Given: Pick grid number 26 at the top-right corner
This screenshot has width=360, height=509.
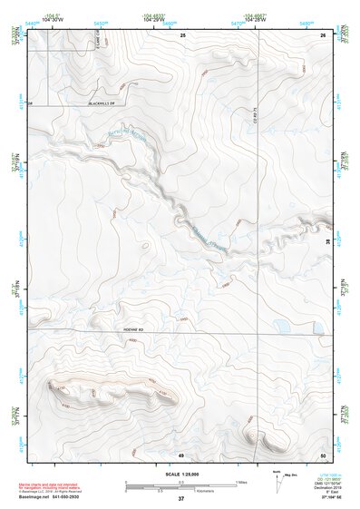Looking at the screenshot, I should (x=323, y=34).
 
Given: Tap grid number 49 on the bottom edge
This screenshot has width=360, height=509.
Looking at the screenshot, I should (x=180, y=454).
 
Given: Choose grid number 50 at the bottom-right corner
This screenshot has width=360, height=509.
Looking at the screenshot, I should (x=323, y=454).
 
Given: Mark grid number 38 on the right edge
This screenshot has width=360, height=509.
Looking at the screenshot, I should (x=327, y=242).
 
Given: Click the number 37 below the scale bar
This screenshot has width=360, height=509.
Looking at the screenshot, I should (x=181, y=500).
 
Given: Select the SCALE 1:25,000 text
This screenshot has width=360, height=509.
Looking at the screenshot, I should (x=180, y=475).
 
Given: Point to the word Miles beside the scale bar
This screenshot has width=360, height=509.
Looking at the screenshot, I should (x=241, y=481).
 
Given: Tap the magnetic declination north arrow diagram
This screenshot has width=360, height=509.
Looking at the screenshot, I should (x=277, y=485).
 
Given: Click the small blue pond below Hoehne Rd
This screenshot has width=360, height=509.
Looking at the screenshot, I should (x=282, y=325).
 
